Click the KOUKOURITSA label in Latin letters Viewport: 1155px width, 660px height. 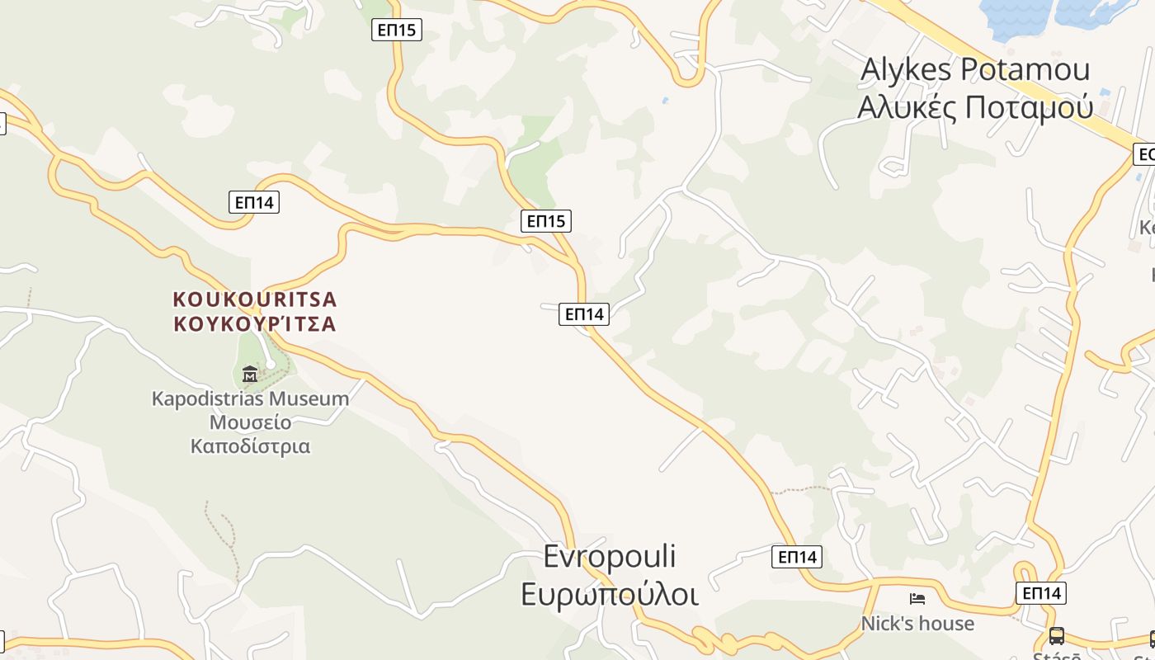pyautogui.click(x=255, y=299)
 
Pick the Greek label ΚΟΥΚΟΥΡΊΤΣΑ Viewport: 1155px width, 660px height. pyautogui.click(x=255, y=323)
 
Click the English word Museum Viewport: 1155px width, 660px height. pyautogui.click(x=313, y=399)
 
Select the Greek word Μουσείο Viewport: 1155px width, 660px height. pyautogui.click(x=250, y=422)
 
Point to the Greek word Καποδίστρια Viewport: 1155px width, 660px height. pyautogui.click(x=250, y=446)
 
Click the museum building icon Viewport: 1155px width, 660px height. pyautogui.click(x=250, y=375)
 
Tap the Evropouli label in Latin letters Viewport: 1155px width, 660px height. pyautogui.click(x=610, y=556)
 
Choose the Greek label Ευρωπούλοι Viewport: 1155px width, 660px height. pyautogui.click(x=610, y=594)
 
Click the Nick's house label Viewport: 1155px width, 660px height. pyautogui.click(x=917, y=624)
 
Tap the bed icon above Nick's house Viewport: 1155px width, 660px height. pyautogui.click(x=917, y=598)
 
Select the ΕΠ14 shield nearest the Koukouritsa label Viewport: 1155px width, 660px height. pyautogui.click(x=254, y=202)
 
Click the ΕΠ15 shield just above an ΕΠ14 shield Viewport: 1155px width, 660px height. pyautogui.click(x=546, y=220)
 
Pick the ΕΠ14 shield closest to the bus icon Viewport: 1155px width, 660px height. pyautogui.click(x=1041, y=592)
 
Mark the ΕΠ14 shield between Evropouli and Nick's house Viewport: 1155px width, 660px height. pyautogui.click(x=798, y=557)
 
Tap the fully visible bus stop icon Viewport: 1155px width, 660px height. pyautogui.click(x=1056, y=635)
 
